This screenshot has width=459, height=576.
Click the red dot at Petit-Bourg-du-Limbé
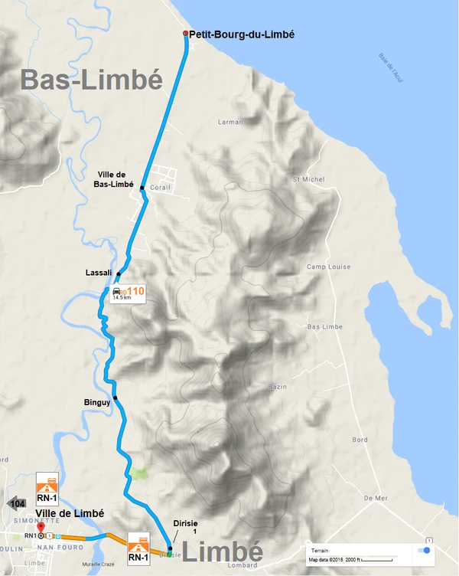pyautogui.click(x=185, y=33)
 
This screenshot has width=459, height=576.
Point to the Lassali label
pyautogui.click(x=99, y=273)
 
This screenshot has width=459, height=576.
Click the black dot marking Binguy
pyautogui.click(x=115, y=397)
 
